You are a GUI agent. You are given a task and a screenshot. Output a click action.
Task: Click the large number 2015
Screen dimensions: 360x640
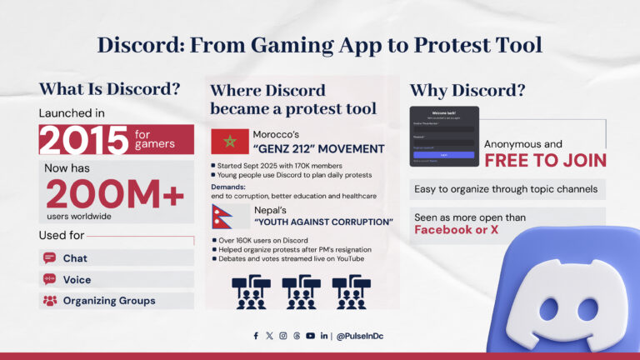(83, 139)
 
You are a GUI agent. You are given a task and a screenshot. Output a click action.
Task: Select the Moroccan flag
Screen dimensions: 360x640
(229, 141)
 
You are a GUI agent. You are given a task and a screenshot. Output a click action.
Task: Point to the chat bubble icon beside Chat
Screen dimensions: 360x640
(49, 258)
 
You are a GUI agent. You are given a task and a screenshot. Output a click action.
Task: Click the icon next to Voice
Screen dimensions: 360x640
(49, 279)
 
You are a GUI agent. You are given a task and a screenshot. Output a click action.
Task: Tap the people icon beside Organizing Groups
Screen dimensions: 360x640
(49, 300)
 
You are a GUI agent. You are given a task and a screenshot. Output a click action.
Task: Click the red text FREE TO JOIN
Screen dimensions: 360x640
(545, 160)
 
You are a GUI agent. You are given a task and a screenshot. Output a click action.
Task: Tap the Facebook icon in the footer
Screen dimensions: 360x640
(256, 336)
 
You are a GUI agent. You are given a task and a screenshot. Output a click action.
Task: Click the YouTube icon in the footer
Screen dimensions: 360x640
(310, 336)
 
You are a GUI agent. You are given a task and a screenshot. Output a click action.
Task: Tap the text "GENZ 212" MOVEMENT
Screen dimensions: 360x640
(320, 149)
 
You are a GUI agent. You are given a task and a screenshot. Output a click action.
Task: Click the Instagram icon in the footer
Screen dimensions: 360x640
(283, 336)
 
